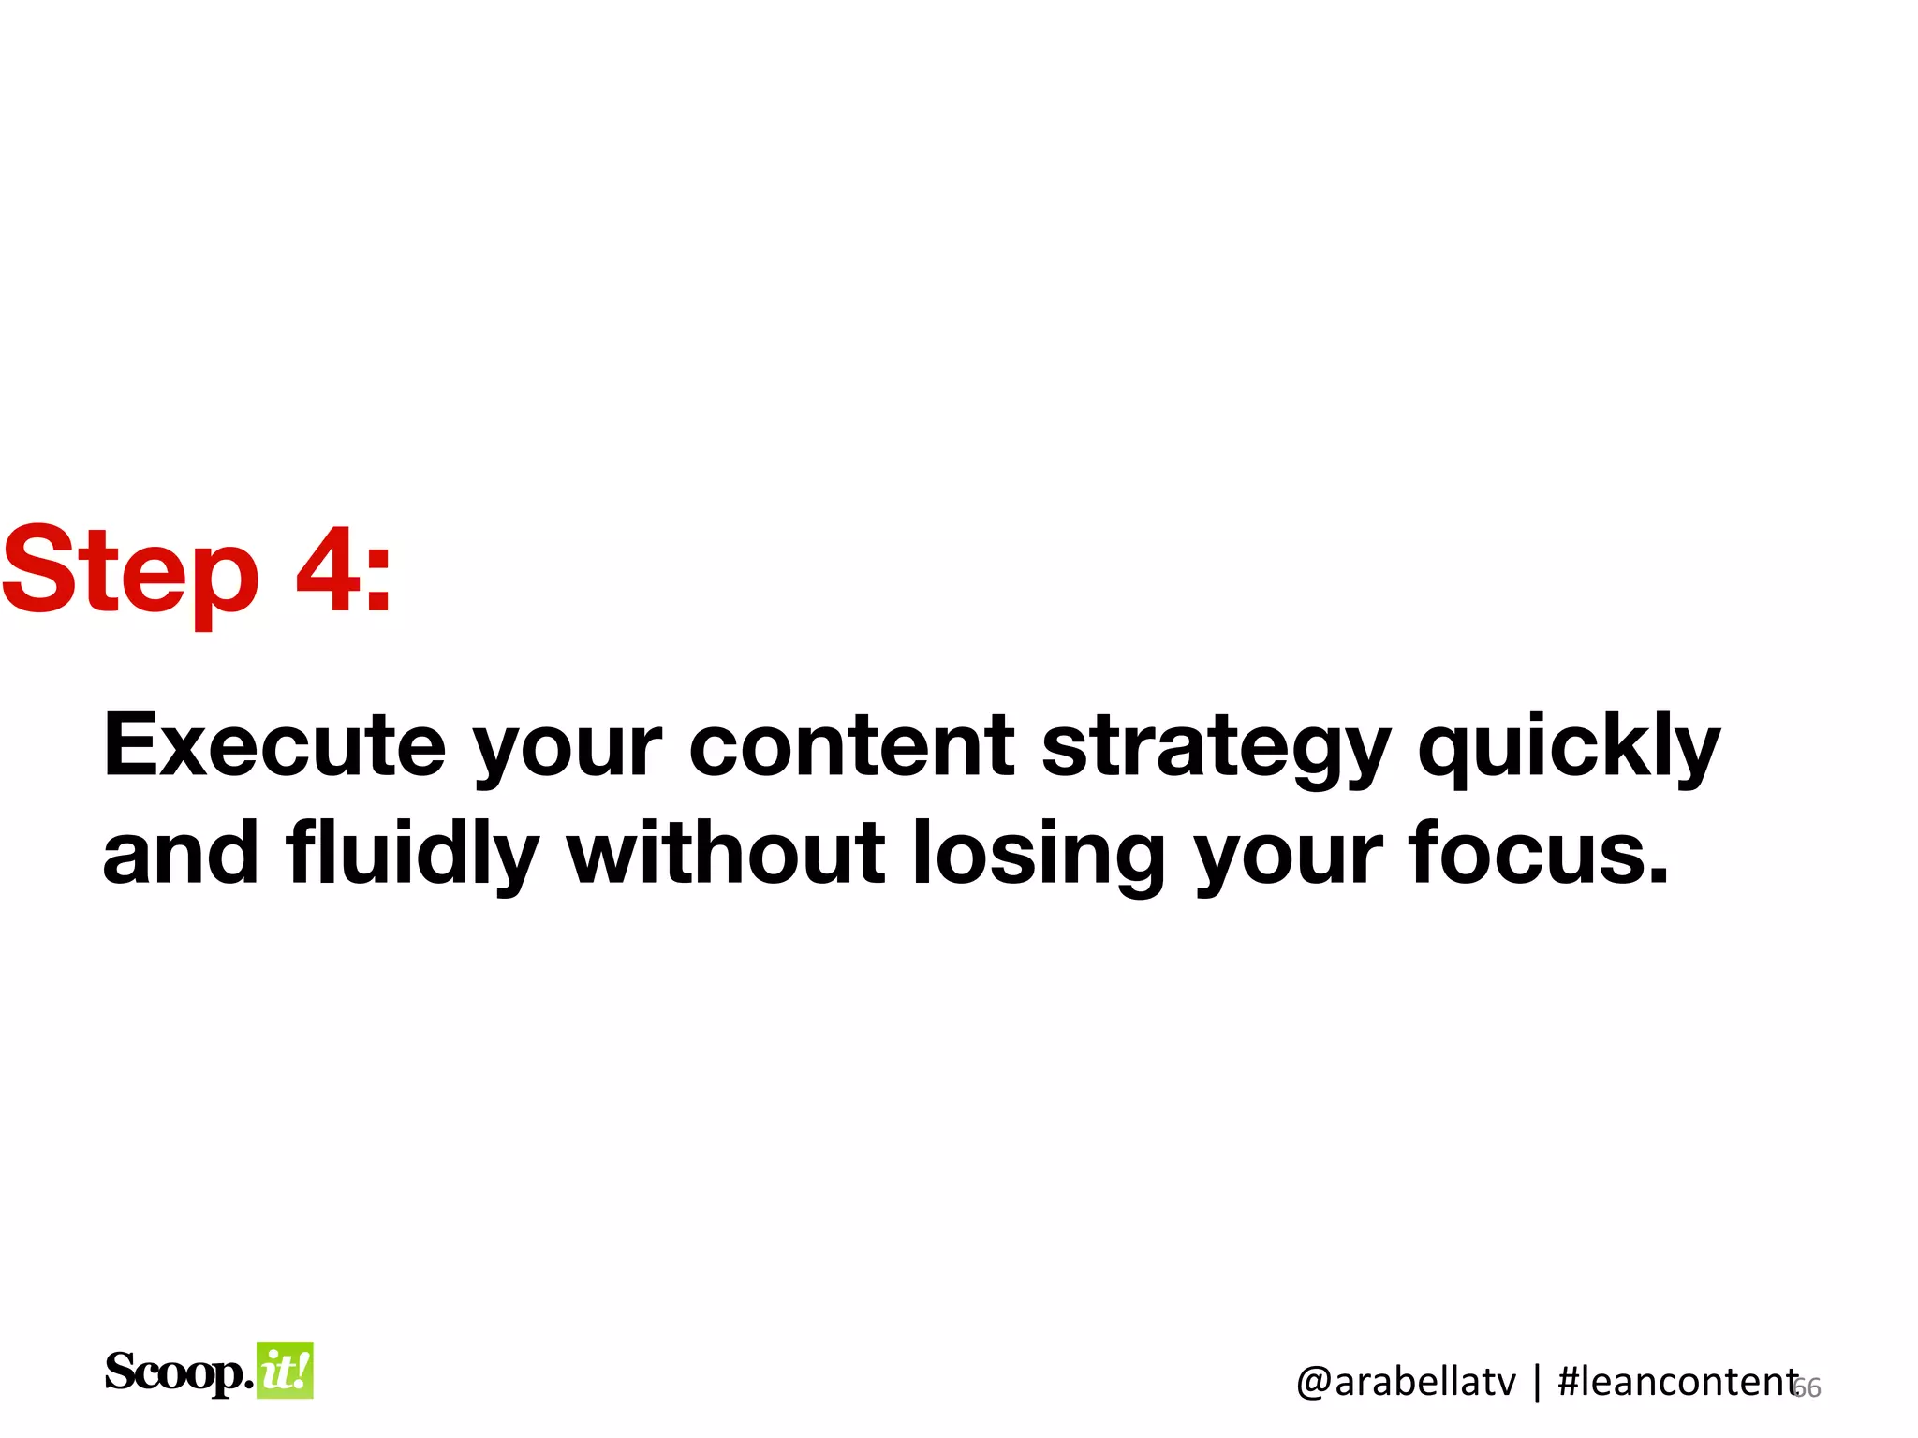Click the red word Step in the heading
[x=129, y=571]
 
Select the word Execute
[x=274, y=745]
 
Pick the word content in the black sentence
[x=851, y=745]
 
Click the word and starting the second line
[x=180, y=853]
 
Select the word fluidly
[x=412, y=853]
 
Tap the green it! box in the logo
[x=285, y=1371]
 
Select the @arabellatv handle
[x=1405, y=1382]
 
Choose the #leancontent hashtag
[x=1676, y=1382]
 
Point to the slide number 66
[x=1808, y=1387]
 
